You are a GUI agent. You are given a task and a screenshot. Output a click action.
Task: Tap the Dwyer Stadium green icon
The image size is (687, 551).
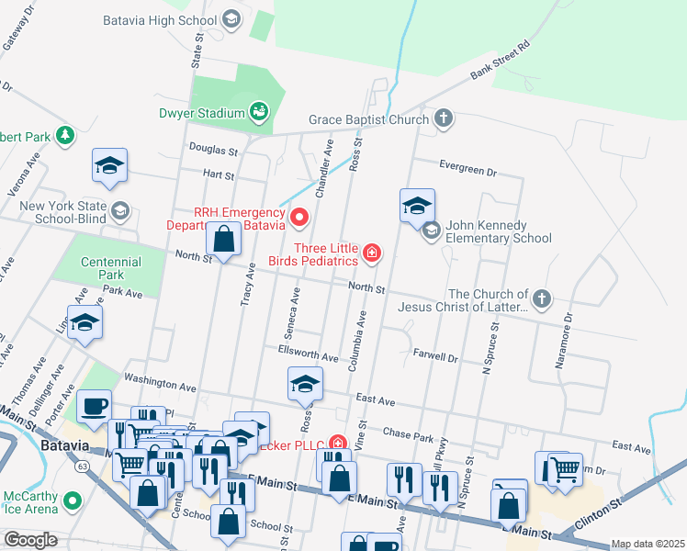coord(259,113)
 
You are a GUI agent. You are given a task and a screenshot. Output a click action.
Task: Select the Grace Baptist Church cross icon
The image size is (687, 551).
coord(444,118)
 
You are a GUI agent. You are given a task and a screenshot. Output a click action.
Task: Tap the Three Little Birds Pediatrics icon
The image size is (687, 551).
coord(371,253)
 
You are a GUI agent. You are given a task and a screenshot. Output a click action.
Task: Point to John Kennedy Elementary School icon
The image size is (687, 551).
coord(431,231)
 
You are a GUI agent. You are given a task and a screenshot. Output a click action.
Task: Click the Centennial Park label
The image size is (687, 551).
coord(110,268)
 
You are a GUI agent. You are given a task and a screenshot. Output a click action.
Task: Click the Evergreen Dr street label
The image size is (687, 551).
coord(467,172)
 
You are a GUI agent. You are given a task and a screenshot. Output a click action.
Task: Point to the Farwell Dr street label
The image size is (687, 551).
coord(434,356)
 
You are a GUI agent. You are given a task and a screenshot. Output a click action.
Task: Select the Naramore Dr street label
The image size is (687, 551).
coord(563,342)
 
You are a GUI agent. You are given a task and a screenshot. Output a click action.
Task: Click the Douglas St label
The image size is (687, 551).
coord(213,147)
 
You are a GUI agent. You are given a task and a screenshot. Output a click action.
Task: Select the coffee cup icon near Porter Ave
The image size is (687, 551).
coord(94,406)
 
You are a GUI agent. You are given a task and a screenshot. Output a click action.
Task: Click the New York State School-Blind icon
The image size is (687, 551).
coord(118,213)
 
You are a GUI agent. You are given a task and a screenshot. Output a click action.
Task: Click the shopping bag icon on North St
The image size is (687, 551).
coord(224,240)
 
